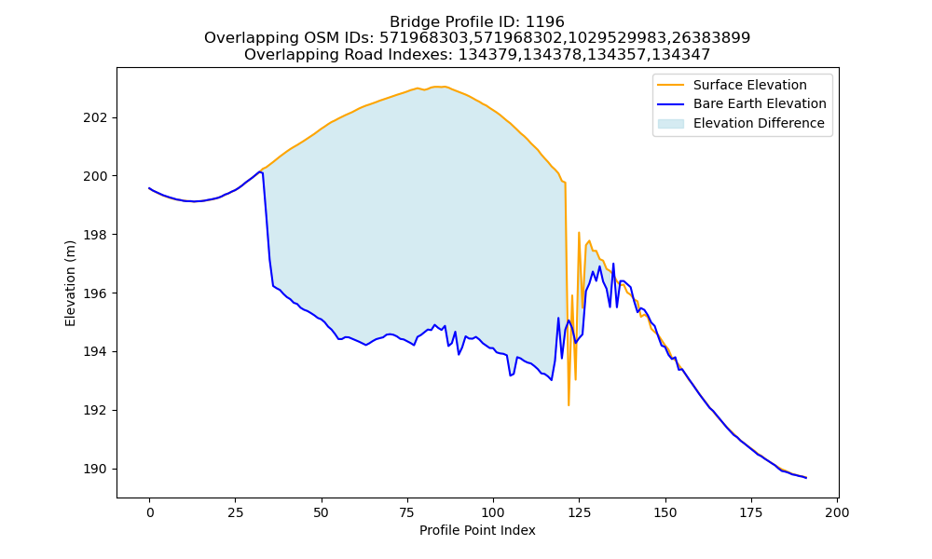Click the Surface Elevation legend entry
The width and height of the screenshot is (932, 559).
coord(732,85)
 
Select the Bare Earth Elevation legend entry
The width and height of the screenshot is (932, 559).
coord(742,104)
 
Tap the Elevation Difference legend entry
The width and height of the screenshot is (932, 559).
coord(741,123)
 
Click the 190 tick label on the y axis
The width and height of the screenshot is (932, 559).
coord(95,470)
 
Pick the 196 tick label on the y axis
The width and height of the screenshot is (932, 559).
coord(95,293)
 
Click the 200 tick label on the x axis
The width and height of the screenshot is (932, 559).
coord(838,512)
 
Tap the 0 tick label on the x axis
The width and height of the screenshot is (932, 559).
coord(149,512)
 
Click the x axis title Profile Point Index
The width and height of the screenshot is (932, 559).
coord(477,530)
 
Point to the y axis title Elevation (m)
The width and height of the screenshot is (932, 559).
coord(70,283)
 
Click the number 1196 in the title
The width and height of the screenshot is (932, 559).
coord(544,22)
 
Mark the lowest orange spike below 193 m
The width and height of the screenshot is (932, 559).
coord(569,405)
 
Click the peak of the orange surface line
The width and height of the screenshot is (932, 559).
coord(438,87)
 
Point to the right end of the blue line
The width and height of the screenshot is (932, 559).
coord(806,478)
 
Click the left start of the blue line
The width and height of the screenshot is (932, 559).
coord(149,187)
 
